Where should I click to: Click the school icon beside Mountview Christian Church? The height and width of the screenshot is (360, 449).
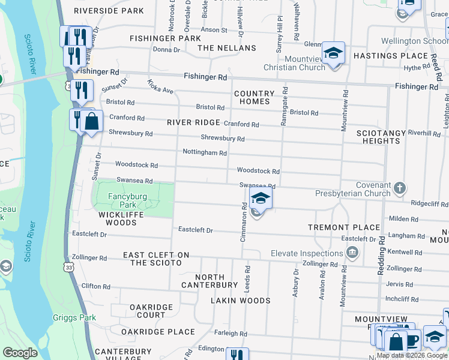[x=332, y=54]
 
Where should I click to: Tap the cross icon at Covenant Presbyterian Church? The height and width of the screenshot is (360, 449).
[x=400, y=190]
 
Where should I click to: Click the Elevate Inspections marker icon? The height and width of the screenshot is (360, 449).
[x=354, y=252]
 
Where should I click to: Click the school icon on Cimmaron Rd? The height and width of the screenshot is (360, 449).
[x=260, y=199]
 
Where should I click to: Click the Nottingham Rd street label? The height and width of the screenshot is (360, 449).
[x=205, y=153]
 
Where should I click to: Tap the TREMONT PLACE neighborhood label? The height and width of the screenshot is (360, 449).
[x=344, y=227]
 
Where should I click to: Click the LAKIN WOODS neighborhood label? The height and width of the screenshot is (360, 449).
[x=240, y=301]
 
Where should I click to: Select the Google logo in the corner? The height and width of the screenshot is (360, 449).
[x=20, y=353]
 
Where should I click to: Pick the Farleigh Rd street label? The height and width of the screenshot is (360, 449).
[x=231, y=334]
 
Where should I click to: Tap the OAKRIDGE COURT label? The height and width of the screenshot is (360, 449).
[x=151, y=311]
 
